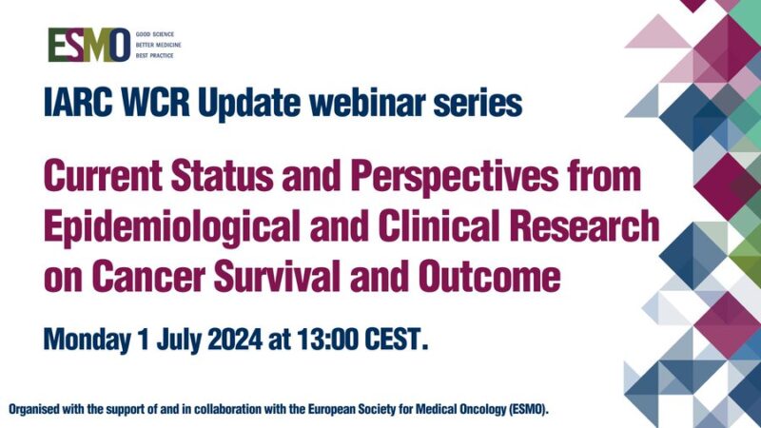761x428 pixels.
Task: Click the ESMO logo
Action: click(89, 45)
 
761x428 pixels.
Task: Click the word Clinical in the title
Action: click(440, 226)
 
